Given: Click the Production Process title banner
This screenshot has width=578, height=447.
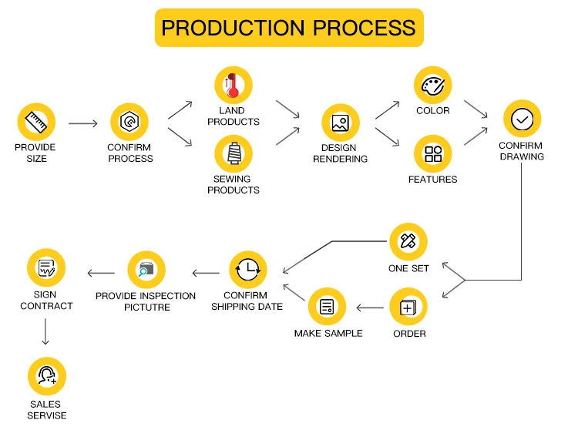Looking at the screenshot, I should pyautogui.click(x=289, y=28).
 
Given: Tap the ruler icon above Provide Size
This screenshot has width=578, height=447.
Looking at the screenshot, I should pyautogui.click(x=36, y=121).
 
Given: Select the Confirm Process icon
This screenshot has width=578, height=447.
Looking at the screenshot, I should pyautogui.click(x=129, y=122).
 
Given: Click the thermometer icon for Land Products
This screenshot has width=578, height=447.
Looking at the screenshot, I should pyautogui.click(x=233, y=85).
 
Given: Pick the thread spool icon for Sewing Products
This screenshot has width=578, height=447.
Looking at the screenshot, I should pyautogui.click(x=233, y=153).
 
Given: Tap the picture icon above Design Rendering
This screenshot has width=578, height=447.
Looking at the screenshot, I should pyautogui.click(x=340, y=122).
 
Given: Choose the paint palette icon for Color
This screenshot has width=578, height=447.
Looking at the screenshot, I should pyautogui.click(x=432, y=85).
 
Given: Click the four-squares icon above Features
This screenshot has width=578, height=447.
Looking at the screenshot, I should pyautogui.click(x=432, y=153).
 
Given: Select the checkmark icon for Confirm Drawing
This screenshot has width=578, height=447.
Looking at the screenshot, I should pyautogui.click(x=522, y=119).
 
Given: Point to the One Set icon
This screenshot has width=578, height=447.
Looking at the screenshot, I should pyautogui.click(x=408, y=241).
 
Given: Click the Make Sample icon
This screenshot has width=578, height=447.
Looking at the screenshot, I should pyautogui.click(x=327, y=307).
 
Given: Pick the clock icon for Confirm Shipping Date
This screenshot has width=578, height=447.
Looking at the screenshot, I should pyautogui.click(x=248, y=270).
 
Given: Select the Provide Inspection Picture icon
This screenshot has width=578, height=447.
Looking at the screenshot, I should pyautogui.click(x=146, y=270).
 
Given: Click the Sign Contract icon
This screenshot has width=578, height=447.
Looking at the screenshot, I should pyautogui.click(x=45, y=268).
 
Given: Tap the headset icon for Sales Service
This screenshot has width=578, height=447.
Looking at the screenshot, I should pyautogui.click(x=47, y=376).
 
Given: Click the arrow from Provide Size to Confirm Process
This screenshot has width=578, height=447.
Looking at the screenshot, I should pyautogui.click(x=83, y=123).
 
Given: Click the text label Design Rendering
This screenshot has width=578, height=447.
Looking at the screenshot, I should pyautogui.click(x=340, y=153).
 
